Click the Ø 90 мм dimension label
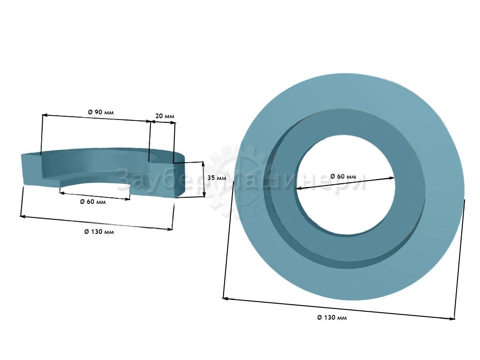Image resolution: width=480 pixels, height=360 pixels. point(101,112)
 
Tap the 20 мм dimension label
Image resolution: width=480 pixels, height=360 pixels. point(165,116)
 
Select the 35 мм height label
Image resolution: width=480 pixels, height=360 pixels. point(217,178)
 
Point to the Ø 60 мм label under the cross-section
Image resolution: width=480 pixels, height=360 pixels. point(93,202)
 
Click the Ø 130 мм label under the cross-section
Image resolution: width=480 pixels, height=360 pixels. point(99,232)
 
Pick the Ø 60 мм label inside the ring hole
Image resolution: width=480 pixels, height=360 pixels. point(343,176)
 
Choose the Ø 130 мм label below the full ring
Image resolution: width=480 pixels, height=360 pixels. point(332,317)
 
